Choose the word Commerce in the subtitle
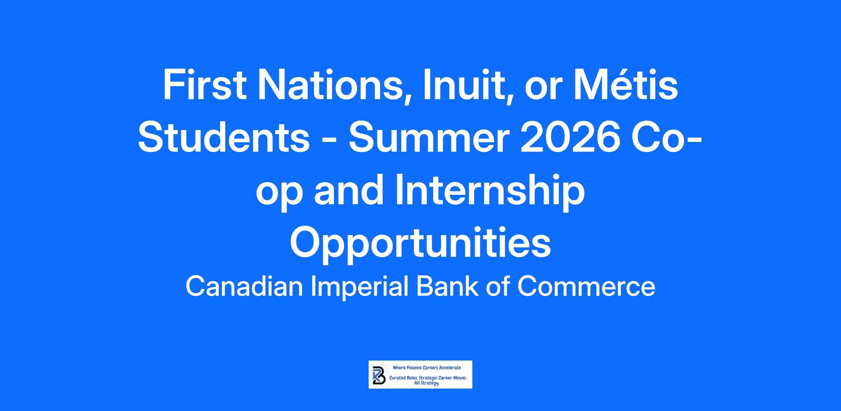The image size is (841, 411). pyautogui.click(x=586, y=287)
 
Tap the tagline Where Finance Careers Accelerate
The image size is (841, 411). pyautogui.click(x=427, y=368)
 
